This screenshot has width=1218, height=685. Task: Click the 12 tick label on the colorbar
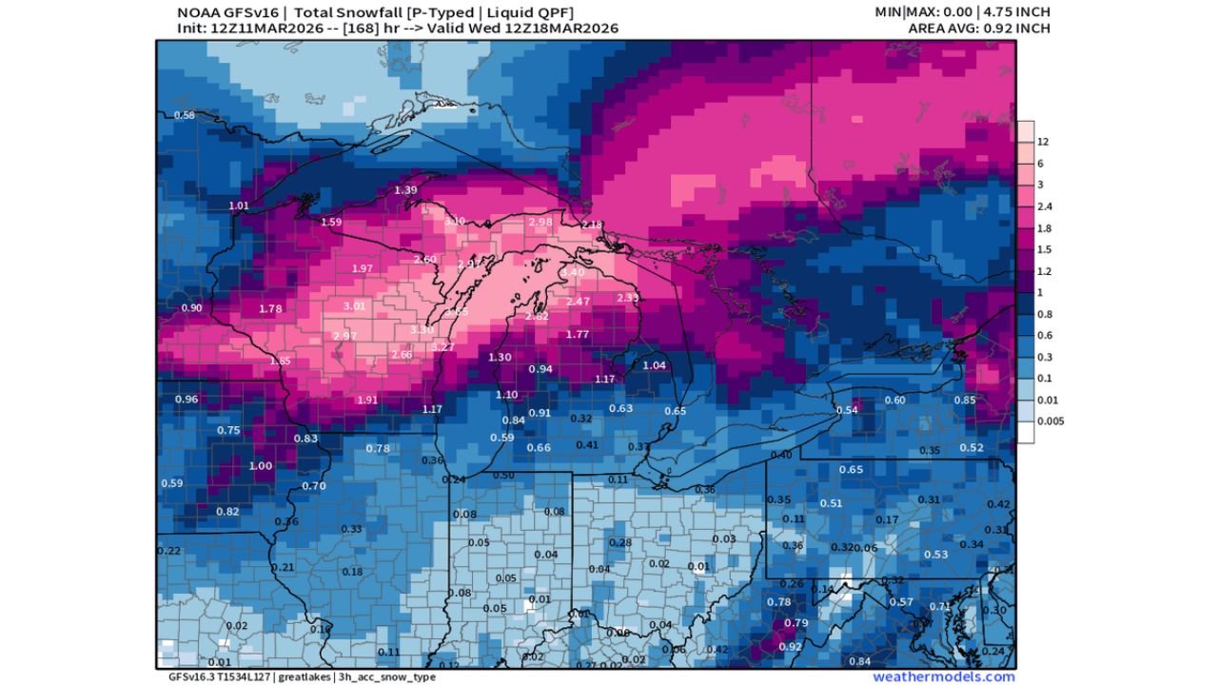coord(1043,142)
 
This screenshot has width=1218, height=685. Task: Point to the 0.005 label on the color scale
coord(1051,421)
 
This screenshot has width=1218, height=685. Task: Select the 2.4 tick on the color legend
coord(1044,206)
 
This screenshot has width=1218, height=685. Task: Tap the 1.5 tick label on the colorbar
coord(1044,250)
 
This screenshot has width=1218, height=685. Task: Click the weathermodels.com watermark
coord(944,676)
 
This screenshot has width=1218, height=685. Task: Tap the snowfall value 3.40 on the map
coord(573,273)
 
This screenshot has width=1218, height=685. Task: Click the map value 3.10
coord(455,221)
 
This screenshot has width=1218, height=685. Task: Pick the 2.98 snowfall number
coord(540,222)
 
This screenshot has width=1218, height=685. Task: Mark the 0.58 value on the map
coord(184,115)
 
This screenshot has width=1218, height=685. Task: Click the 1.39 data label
coord(405,190)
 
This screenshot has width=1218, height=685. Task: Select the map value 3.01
coord(354,306)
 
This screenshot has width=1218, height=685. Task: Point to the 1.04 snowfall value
coord(654,365)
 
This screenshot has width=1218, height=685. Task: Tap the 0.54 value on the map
coord(846,410)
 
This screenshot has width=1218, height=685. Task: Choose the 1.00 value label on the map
coord(260,466)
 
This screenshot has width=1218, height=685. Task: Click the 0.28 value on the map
coord(619,542)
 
